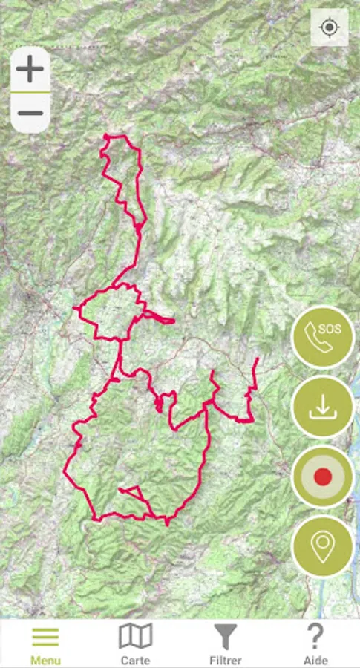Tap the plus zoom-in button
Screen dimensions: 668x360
pyautogui.click(x=30, y=70)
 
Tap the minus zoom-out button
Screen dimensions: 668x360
pyautogui.click(x=30, y=113)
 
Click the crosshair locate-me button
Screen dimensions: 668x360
pyautogui.click(x=329, y=28)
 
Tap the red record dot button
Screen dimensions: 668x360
pyautogui.click(x=322, y=477)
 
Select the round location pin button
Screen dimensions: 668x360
pyautogui.click(x=322, y=546)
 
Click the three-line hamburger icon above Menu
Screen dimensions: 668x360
pyautogui.click(x=45, y=637)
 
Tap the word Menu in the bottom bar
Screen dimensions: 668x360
pyautogui.click(x=45, y=660)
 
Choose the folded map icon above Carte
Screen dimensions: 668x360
pyautogui.click(x=135, y=636)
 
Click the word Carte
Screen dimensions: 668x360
pyautogui.click(x=135, y=660)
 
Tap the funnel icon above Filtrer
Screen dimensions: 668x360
pyautogui.click(x=226, y=637)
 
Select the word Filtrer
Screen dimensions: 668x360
pyautogui.click(x=226, y=660)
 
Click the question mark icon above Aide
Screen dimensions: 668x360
pyautogui.click(x=315, y=636)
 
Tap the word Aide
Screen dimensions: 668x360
pyautogui.click(x=315, y=660)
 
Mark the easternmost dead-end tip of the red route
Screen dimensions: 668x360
pyautogui.click(x=257, y=359)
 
